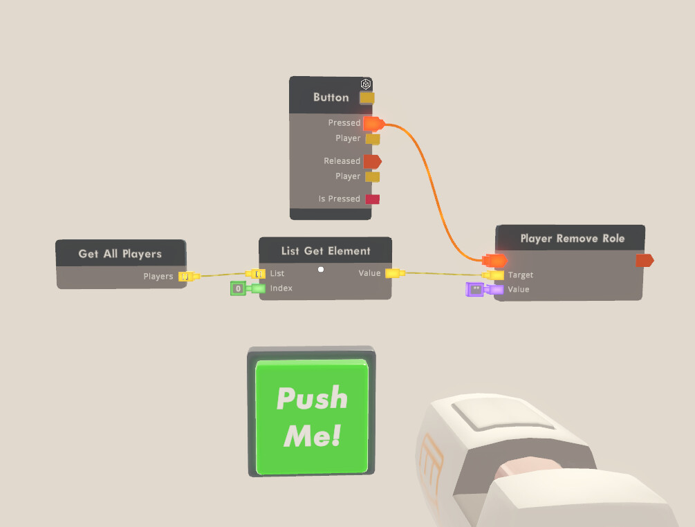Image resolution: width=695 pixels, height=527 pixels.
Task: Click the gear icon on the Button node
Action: tap(366, 84)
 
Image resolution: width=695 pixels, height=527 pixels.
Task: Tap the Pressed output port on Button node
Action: tap(373, 124)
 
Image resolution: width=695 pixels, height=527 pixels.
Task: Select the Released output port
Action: tap(372, 161)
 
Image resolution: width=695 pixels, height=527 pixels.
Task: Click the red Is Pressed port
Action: tap(373, 199)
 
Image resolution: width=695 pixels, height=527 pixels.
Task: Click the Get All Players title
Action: tap(120, 254)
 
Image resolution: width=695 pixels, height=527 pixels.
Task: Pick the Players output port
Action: tap(185, 277)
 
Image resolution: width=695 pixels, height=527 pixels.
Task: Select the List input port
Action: tap(257, 274)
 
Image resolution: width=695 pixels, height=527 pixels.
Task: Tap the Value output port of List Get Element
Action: tap(393, 273)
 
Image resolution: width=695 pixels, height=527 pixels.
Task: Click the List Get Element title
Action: tap(326, 251)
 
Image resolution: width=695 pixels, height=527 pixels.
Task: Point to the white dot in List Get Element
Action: tap(321, 270)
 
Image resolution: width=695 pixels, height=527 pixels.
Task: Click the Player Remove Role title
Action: tap(572, 239)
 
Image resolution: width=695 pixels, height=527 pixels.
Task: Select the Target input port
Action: tap(497, 275)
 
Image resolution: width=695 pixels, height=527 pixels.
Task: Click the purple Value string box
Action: tap(475, 290)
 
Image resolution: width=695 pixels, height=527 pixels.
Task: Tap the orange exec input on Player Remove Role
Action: tap(495, 260)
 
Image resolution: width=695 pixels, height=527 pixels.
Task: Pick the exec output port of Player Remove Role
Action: tap(644, 260)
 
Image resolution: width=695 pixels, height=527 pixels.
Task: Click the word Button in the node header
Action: tap(331, 98)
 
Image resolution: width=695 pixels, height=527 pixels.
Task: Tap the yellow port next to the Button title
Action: tap(367, 98)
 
